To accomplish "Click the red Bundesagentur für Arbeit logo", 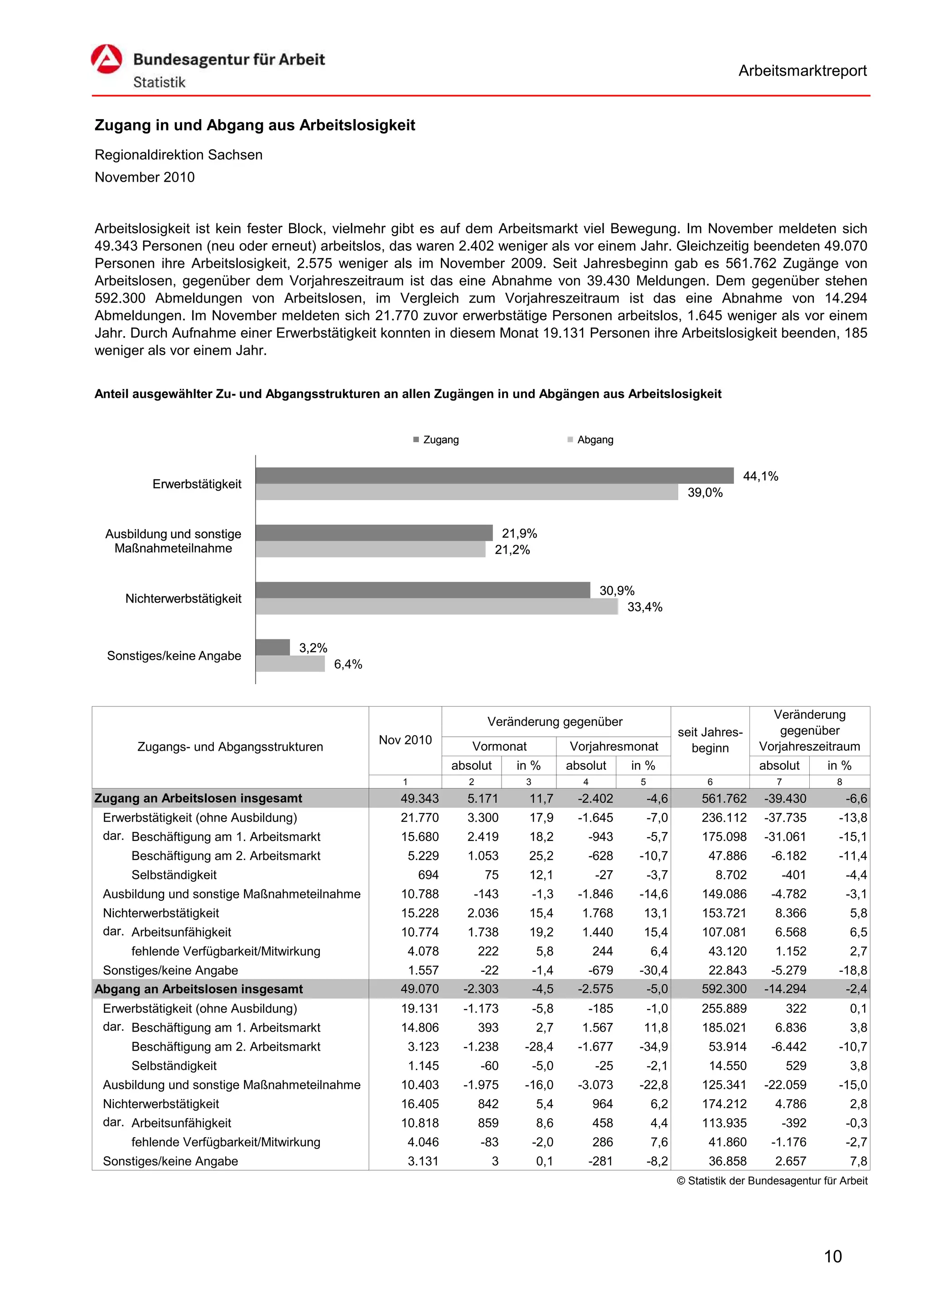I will pyautogui.click(x=106, y=59).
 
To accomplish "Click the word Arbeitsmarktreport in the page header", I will pyautogui.click(x=802, y=71).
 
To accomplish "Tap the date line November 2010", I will pyautogui.click(x=145, y=177).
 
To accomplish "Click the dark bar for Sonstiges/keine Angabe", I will pyautogui.click(x=273, y=647).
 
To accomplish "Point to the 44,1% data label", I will pyautogui.click(x=760, y=476).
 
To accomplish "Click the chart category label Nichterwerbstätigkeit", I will pyautogui.click(x=183, y=599).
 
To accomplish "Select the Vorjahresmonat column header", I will pyautogui.click(x=614, y=746).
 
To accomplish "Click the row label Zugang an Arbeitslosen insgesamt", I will pyautogui.click(x=198, y=798).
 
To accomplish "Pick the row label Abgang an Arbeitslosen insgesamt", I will pyautogui.click(x=198, y=989).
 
